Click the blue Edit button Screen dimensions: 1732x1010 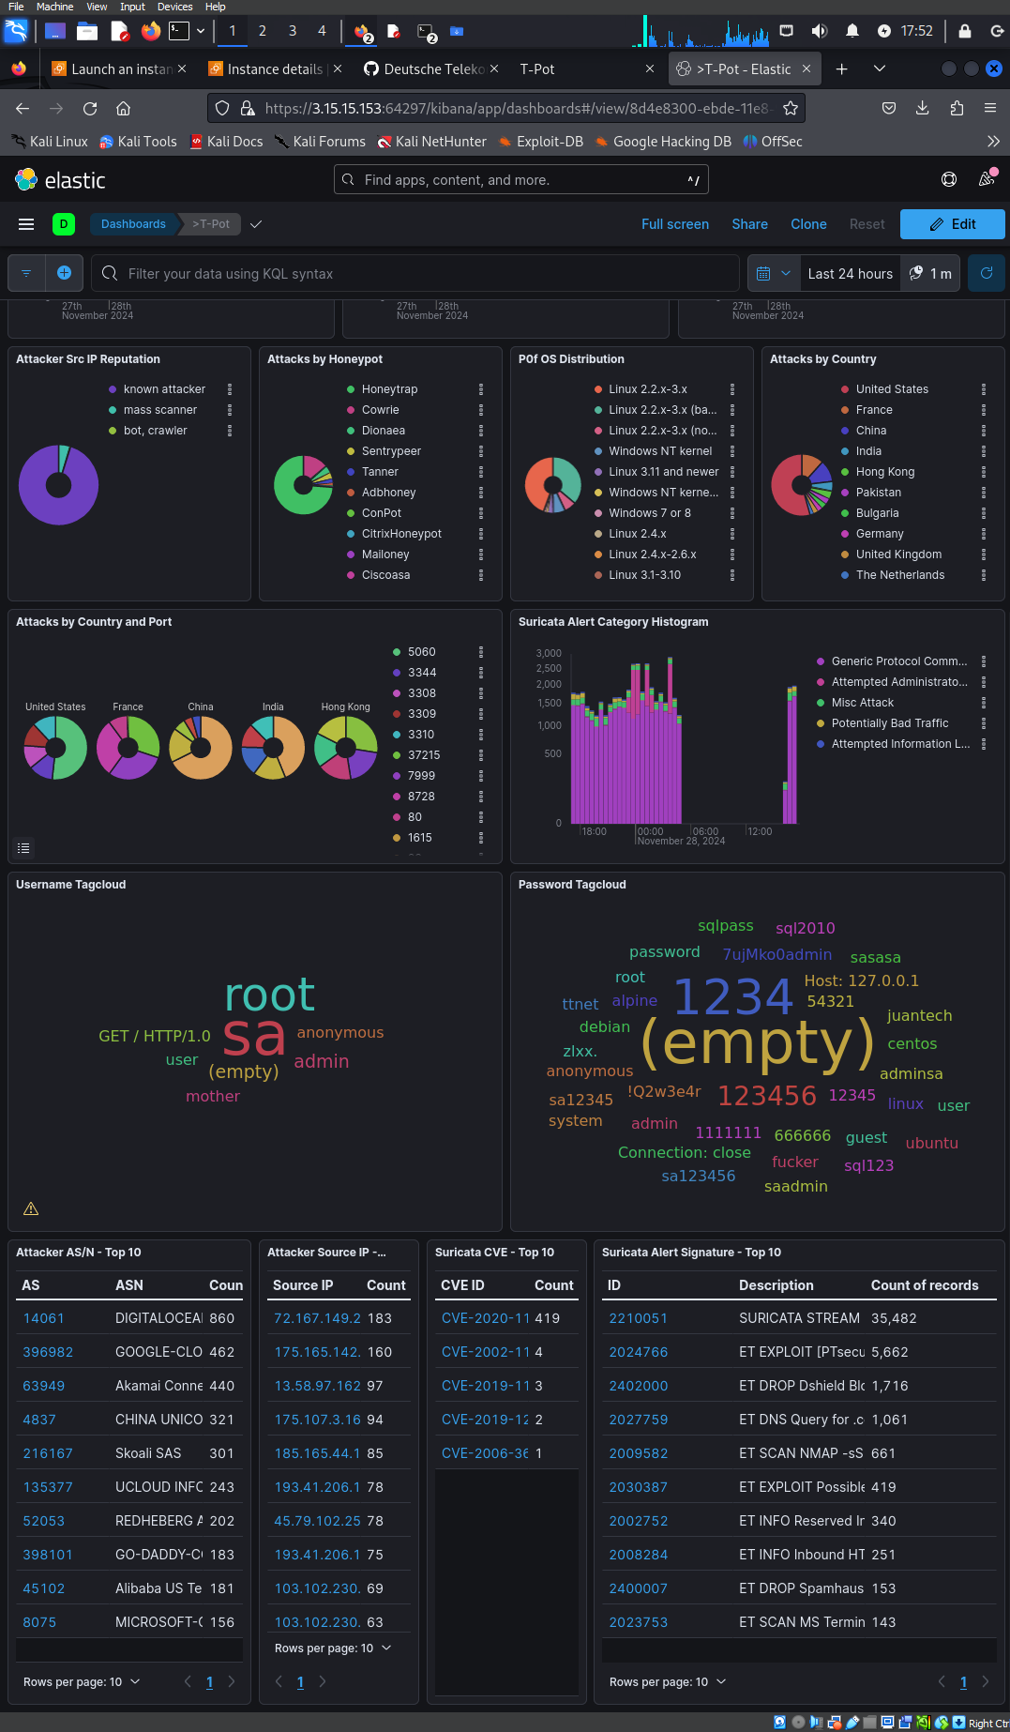pyautogui.click(x=952, y=224)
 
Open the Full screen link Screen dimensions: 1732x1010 pyautogui.click(x=674, y=224)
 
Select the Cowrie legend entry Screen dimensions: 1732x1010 pyautogui.click(x=380, y=410)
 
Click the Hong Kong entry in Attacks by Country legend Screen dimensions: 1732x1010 pyautogui.click(x=884, y=472)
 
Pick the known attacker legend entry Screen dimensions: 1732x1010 pyautogui.click(x=164, y=389)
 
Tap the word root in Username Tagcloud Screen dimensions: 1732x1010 pyautogui.click(x=270, y=995)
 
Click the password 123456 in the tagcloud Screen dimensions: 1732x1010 pyautogui.click(x=766, y=1095)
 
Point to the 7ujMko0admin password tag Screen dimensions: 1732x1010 pyautogui.click(x=776, y=954)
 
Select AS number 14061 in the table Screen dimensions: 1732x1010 pyautogui.click(x=43, y=1318)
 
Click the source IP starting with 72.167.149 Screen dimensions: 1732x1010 pyautogui.click(x=317, y=1318)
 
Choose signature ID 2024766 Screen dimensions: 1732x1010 pyautogui.click(x=638, y=1352)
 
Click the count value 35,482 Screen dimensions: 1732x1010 pyautogui.click(x=893, y=1318)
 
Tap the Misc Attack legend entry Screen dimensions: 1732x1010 pyautogui.click(x=862, y=703)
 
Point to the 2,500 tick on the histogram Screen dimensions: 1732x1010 pyautogui.click(x=549, y=669)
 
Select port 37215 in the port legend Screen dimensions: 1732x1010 pyautogui.click(x=423, y=755)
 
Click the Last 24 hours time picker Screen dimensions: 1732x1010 pyautogui.click(x=850, y=274)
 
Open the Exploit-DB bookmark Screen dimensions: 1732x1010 pyautogui.click(x=549, y=142)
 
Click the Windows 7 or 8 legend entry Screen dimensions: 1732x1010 pyautogui.click(x=649, y=513)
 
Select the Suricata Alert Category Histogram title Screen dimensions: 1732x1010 pyautogui.click(x=612, y=622)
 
